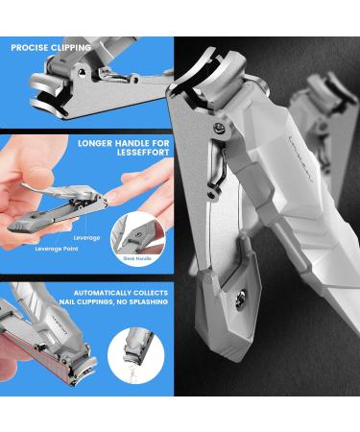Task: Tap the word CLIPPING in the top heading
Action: [72, 47]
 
